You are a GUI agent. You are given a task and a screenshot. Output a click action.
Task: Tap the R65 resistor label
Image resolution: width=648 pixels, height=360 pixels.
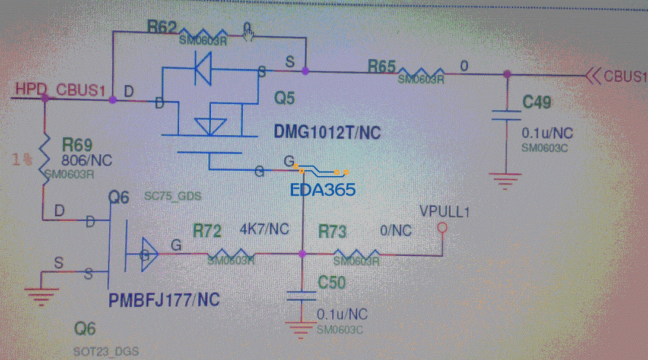point(381,66)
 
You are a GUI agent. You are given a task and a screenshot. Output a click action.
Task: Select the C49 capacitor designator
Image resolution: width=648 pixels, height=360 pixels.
point(537,102)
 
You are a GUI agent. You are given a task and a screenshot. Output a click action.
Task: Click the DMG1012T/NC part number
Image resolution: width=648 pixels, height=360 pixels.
point(327,132)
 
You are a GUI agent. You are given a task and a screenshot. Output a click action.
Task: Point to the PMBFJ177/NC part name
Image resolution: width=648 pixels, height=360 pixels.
point(164,300)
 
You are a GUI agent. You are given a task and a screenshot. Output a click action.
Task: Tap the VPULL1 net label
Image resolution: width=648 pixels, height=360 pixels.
point(444,211)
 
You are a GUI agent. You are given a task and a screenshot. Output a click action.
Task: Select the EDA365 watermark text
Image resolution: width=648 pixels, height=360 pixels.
point(322,190)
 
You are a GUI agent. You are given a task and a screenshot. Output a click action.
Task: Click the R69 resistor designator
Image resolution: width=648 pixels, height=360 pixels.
point(78,145)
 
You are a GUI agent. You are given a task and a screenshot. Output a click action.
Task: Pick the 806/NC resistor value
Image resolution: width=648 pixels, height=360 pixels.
point(87,160)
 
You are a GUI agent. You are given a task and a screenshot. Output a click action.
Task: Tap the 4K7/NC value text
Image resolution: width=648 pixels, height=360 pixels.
point(264,229)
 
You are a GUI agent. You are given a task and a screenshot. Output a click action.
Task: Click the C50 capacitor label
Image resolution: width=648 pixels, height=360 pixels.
point(331,282)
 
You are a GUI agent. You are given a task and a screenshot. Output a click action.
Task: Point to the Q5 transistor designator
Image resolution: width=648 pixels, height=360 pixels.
point(285,98)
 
